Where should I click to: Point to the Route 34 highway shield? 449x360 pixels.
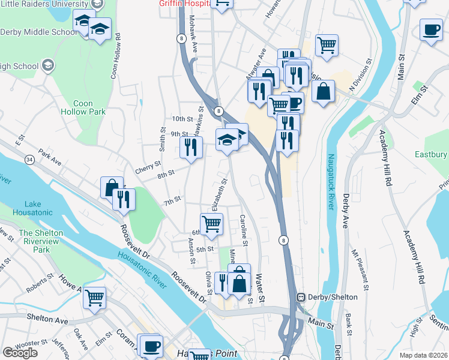pyautogui.click(x=29, y=160)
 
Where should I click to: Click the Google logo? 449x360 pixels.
pyautogui.click(x=20, y=352)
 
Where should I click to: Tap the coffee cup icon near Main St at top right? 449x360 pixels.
pyautogui.click(x=430, y=30)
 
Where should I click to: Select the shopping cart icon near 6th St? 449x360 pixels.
pyautogui.click(x=211, y=224)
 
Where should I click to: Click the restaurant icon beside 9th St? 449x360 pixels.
pyautogui.click(x=190, y=147)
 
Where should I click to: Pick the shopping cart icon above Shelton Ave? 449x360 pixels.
pyautogui.click(x=95, y=297)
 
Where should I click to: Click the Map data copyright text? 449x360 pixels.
pyautogui.click(x=423, y=354)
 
